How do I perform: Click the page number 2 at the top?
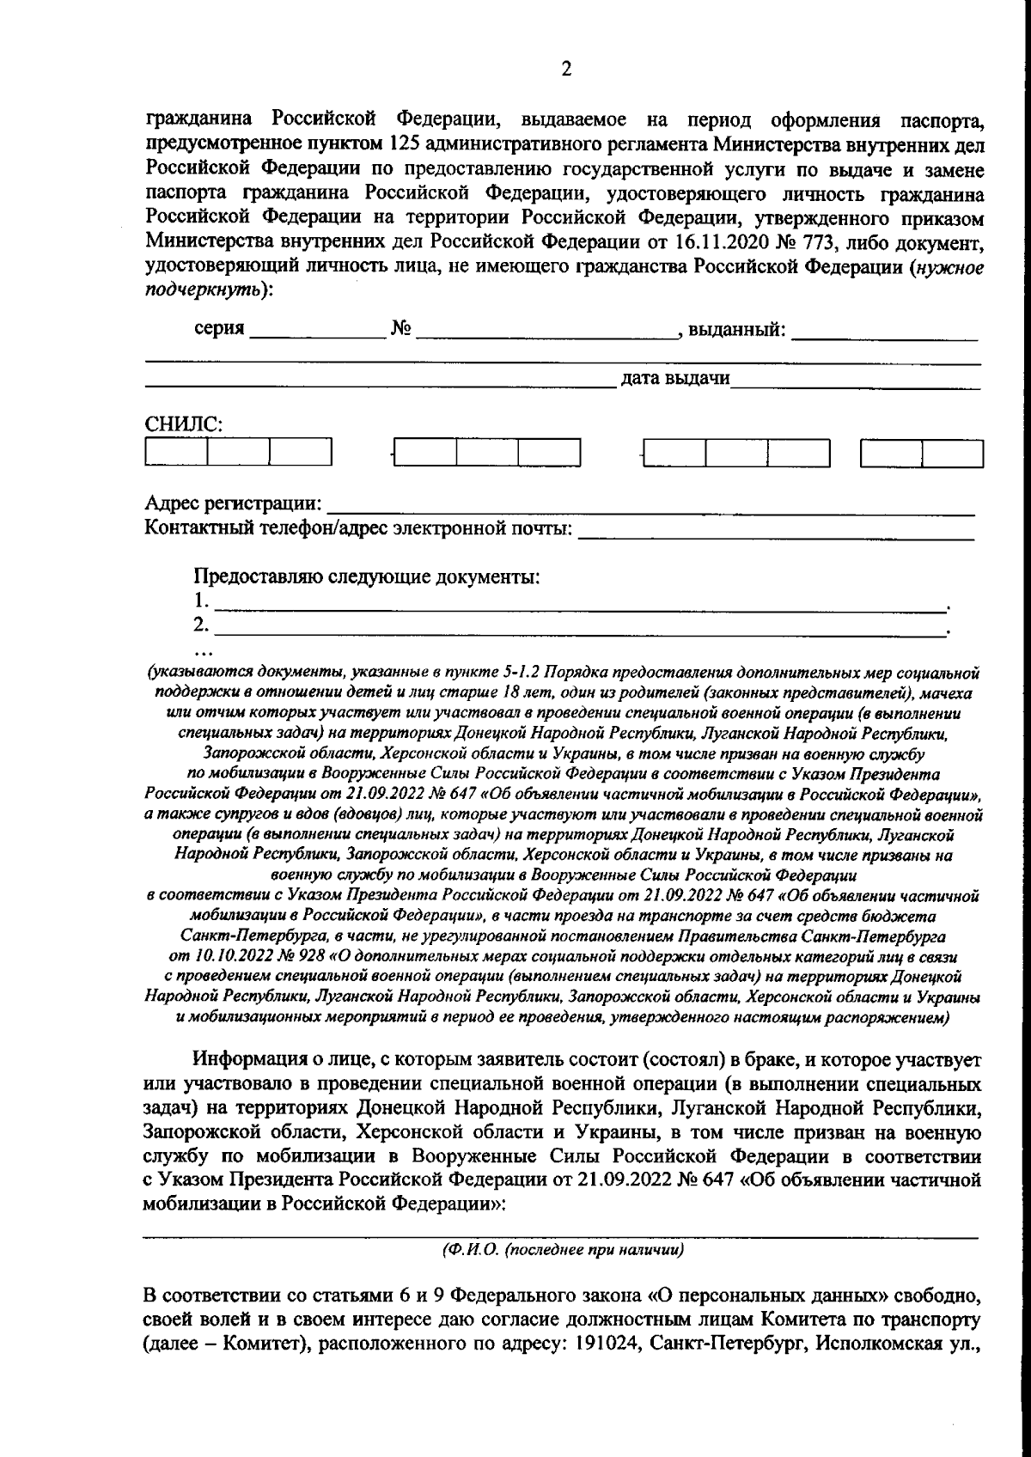pos(565,70)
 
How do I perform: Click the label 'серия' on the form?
pos(219,329)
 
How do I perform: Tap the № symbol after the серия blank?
pos(400,329)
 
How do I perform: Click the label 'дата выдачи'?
pos(675,378)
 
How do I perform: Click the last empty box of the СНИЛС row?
pos(952,452)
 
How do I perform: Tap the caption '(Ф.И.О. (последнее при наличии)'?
pos(563,1250)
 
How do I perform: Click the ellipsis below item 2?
pos(204,650)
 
